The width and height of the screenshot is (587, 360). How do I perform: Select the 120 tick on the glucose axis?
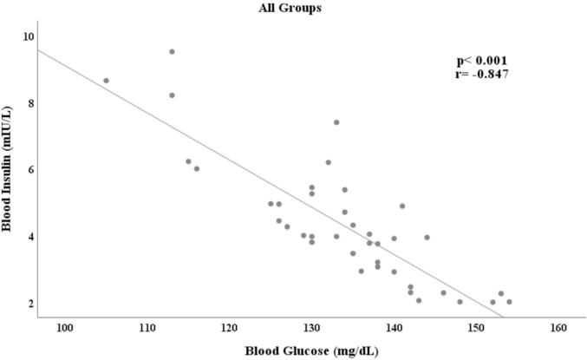point(229,328)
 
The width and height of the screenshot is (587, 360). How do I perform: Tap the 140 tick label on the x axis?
point(394,328)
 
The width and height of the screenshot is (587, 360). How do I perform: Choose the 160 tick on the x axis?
point(558,328)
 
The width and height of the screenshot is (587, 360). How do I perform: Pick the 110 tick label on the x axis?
point(147,328)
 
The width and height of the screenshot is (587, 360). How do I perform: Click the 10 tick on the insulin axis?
point(29,36)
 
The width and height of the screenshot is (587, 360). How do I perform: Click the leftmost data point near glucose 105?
point(106,81)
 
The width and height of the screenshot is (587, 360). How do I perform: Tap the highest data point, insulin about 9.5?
point(172,51)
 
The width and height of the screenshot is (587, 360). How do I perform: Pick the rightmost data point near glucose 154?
point(509,302)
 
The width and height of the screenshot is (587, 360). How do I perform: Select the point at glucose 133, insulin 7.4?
point(336,122)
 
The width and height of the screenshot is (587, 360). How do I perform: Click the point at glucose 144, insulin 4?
point(427,237)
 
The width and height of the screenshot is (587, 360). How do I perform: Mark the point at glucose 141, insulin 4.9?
point(402,206)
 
